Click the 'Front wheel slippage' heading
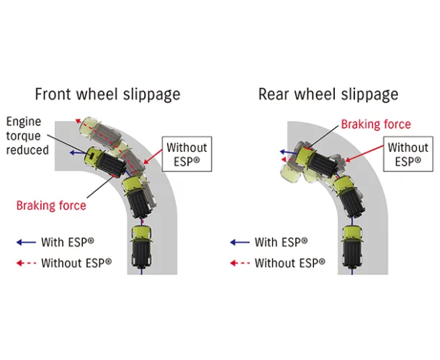coord(108,94)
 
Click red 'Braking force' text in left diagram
coord(51,206)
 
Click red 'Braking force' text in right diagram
coord(376,125)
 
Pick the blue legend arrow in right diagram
coord(239,243)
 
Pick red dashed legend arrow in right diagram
coord(239,263)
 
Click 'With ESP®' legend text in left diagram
coord(67,243)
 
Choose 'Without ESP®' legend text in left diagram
coord(76,263)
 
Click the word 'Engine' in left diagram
coord(25,122)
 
